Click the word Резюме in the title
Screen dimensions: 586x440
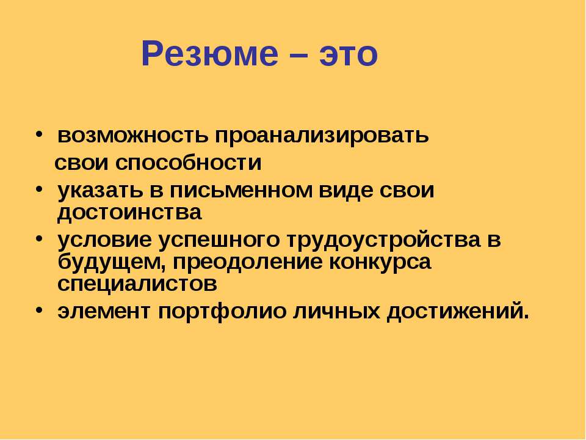point(210,54)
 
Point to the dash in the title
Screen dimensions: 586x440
point(299,56)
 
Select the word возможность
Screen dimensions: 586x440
point(132,135)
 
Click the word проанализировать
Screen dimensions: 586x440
point(322,136)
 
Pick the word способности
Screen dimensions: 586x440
point(189,163)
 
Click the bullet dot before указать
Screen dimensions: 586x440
point(40,189)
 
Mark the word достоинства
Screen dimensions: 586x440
point(129,213)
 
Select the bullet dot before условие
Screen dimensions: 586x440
point(40,239)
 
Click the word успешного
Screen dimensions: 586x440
point(219,240)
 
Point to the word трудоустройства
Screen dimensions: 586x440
point(383,240)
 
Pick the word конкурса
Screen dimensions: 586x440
point(380,263)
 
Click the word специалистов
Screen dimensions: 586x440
point(137,284)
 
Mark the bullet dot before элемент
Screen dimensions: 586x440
point(40,310)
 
